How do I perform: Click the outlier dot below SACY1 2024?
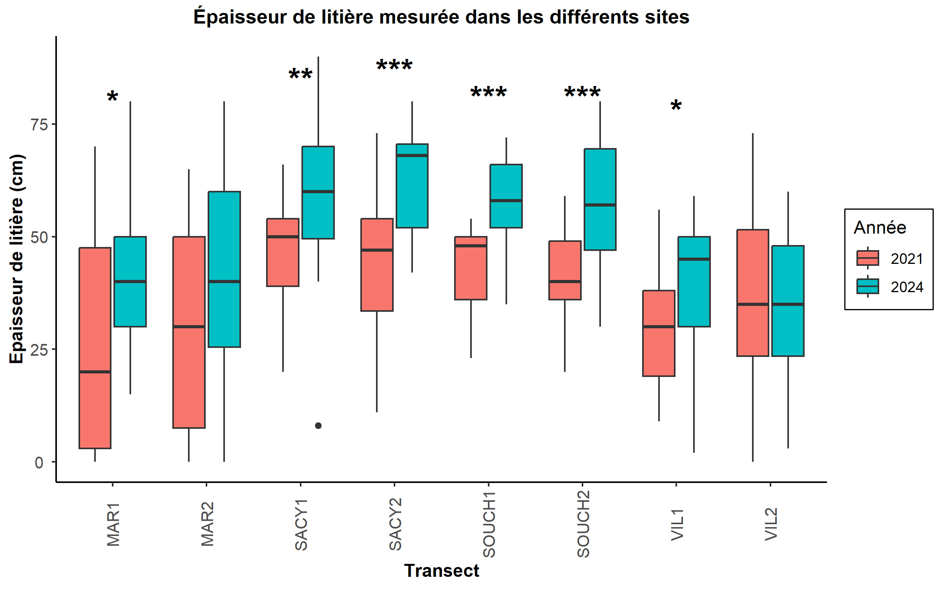click(x=318, y=426)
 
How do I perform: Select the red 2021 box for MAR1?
click(x=95, y=348)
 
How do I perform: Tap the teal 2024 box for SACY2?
click(x=412, y=186)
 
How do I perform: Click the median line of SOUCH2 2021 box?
click(x=565, y=282)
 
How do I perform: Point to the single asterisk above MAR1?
click(x=113, y=97)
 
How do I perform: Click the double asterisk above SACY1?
click(x=301, y=74)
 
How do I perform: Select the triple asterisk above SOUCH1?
click(x=489, y=93)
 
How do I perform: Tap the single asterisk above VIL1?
click(x=676, y=106)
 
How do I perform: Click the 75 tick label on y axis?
click(x=39, y=125)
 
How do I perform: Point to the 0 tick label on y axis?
click(x=39, y=463)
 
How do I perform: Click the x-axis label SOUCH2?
click(x=583, y=524)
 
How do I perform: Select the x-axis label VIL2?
click(x=771, y=524)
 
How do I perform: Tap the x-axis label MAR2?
click(x=207, y=524)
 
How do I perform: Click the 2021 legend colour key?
click(x=867, y=258)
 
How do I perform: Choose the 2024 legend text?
click(x=907, y=287)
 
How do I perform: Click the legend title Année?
click(x=880, y=228)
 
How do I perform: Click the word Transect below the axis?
click(x=442, y=571)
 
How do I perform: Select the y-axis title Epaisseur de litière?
click(x=16, y=259)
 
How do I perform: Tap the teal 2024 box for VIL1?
click(x=694, y=281)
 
